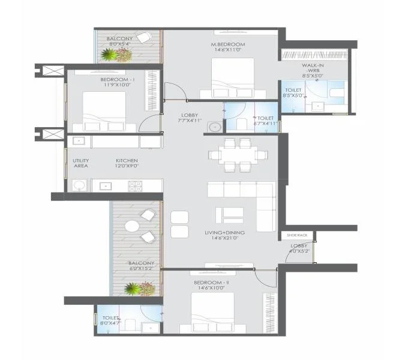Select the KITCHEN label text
(127, 161)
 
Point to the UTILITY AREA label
(80, 163)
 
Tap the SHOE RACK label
(296, 235)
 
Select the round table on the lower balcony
(132, 226)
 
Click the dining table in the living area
(238, 154)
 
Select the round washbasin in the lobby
(213, 127)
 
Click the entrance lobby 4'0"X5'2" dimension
(299, 251)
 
